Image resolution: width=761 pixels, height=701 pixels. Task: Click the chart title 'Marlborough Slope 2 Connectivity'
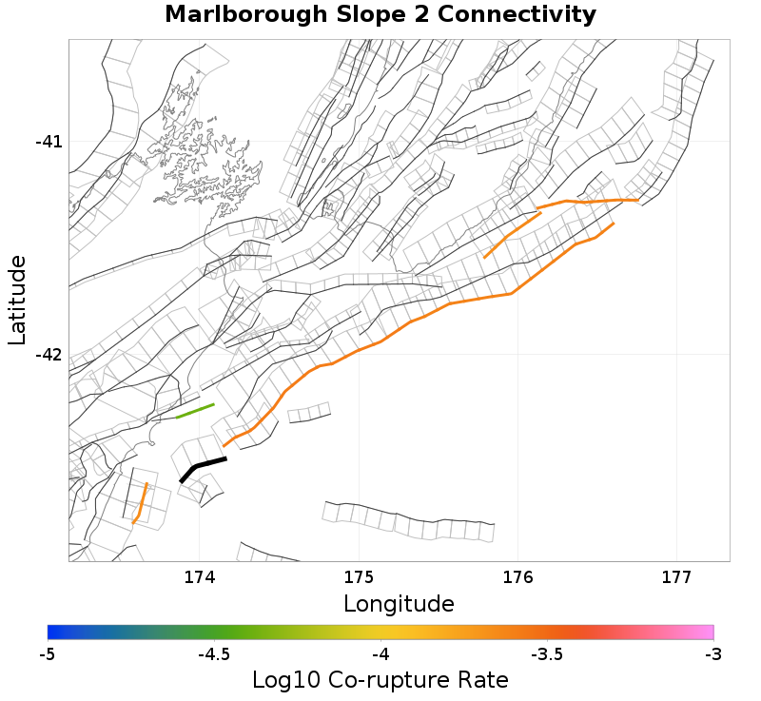click(380, 15)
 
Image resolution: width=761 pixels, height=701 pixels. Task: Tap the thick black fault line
click(202, 465)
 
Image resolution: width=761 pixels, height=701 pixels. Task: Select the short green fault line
click(195, 411)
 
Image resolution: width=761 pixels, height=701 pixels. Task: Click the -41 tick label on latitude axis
click(49, 142)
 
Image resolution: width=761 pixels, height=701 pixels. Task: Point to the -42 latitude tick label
click(49, 355)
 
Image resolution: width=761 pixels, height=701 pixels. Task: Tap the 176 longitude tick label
click(517, 576)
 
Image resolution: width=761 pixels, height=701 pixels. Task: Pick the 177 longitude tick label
click(676, 576)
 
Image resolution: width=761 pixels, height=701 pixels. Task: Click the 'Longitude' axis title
click(399, 604)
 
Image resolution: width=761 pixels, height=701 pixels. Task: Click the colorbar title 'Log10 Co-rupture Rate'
click(380, 680)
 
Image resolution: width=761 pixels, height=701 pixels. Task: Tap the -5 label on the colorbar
click(48, 654)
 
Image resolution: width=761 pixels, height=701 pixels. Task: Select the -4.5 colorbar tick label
click(214, 654)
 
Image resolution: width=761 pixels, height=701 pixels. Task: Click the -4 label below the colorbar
click(380, 654)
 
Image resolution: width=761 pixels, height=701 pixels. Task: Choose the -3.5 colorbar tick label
click(547, 654)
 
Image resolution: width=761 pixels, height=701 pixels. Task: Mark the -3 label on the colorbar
click(713, 654)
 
